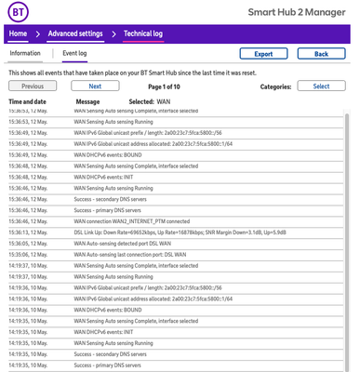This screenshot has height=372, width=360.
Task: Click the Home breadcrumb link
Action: (18, 34)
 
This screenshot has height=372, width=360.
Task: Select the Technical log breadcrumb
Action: (145, 34)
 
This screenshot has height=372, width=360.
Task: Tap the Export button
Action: (262, 54)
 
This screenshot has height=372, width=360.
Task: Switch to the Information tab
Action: (25, 54)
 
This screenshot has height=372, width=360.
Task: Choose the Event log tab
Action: (74, 54)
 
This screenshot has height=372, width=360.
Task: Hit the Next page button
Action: (95, 86)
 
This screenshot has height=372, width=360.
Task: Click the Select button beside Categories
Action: (320, 86)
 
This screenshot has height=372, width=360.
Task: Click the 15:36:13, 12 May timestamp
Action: (27, 232)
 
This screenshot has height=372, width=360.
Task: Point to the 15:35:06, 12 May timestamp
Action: (27, 252)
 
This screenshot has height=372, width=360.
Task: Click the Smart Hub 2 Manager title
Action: (302, 15)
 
